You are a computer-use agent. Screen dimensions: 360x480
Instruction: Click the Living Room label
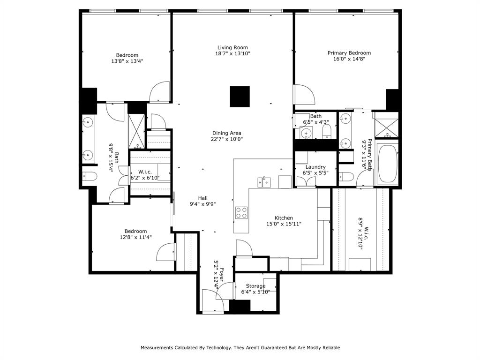pyautogui.click(x=232, y=47)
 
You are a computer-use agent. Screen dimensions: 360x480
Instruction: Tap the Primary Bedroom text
pyautogui.click(x=349, y=53)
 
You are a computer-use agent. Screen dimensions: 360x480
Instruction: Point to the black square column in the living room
pyautogui.click(x=240, y=97)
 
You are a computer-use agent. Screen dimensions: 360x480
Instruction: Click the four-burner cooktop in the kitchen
pyautogui.click(x=241, y=213)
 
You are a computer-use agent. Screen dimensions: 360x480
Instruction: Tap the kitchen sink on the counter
pyautogui.click(x=265, y=181)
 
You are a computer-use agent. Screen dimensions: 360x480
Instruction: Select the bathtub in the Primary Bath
pyautogui.click(x=387, y=164)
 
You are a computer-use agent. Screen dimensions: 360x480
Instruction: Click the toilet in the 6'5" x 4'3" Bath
pyautogui.click(x=327, y=131)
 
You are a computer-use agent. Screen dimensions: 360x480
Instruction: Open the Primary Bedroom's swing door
pyautogui.click(x=304, y=95)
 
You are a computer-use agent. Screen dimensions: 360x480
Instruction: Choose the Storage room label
pyautogui.click(x=255, y=286)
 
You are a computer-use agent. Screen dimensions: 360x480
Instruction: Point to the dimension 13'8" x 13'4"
pyautogui.click(x=127, y=61)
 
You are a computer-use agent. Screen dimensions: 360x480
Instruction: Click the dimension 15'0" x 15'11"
pyautogui.click(x=284, y=224)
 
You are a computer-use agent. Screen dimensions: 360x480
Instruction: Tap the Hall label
pyautogui.click(x=202, y=198)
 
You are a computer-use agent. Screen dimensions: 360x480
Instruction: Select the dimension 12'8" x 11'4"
pyautogui.click(x=135, y=237)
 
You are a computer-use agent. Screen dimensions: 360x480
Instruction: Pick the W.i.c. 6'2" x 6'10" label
pyautogui.click(x=145, y=174)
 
